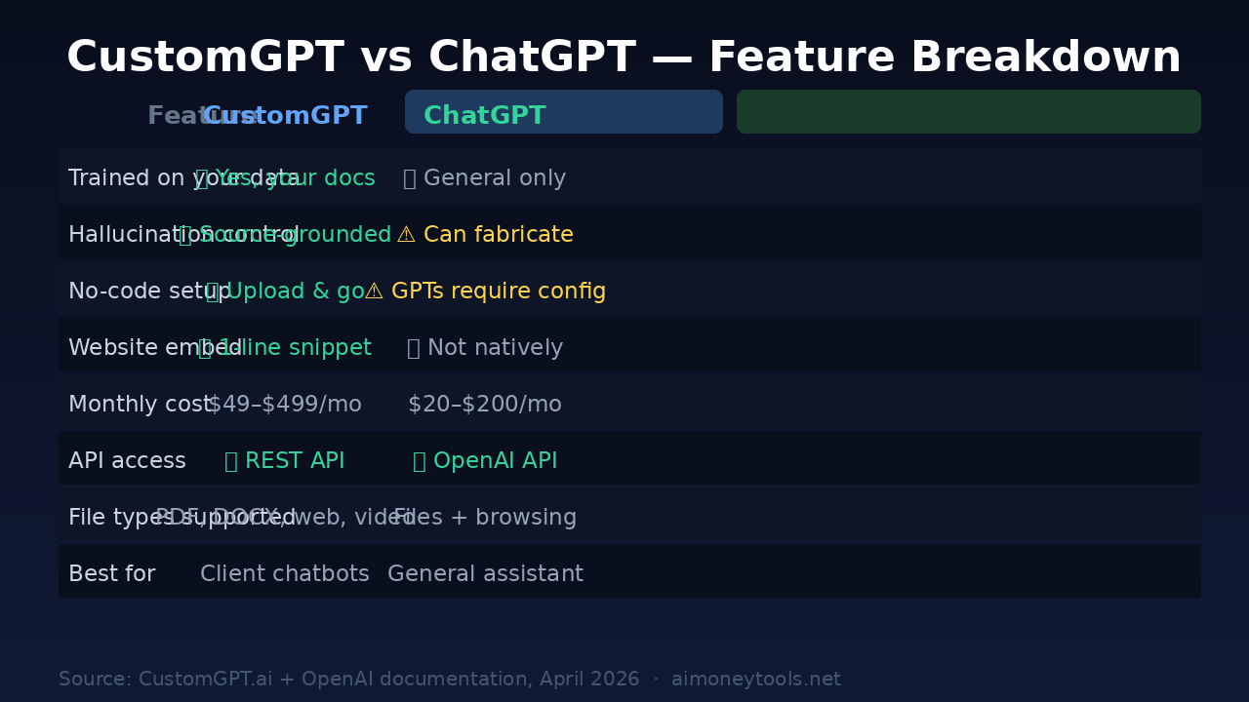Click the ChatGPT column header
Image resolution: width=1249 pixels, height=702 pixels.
pos(485,116)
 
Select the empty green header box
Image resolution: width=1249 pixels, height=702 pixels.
pos(968,112)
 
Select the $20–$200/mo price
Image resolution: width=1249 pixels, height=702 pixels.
pos(485,405)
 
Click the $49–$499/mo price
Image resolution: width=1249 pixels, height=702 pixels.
pos(285,405)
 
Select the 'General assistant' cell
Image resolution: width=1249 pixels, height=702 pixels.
pos(485,574)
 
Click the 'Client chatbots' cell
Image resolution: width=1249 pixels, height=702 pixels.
pos(285,574)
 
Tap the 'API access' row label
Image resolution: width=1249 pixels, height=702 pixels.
pos(127,461)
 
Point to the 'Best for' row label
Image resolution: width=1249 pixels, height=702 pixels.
pos(111,574)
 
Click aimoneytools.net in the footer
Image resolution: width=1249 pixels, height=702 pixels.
pos(755,680)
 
